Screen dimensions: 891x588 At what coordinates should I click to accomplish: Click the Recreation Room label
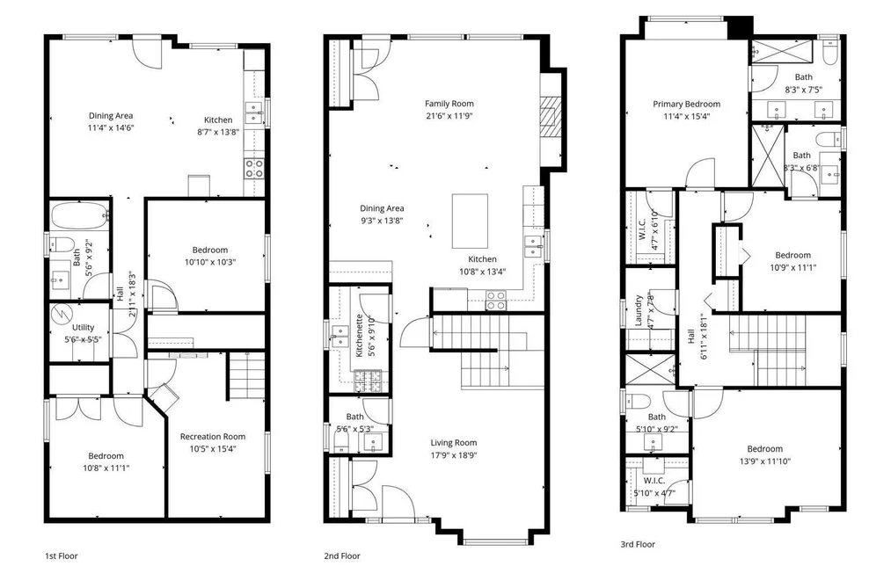pos(213,437)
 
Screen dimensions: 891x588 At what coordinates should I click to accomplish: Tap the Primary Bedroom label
pos(686,104)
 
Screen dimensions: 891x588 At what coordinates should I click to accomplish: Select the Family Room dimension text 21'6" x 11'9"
pos(449,116)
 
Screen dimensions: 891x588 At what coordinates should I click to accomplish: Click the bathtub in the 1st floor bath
pos(79,215)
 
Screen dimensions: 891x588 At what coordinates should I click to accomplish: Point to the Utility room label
pos(83,328)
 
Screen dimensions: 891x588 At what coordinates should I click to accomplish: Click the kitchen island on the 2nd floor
pos(470,221)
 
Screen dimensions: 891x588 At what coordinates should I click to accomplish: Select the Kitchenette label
pos(359,336)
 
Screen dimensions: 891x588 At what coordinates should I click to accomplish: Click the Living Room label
pos(454,443)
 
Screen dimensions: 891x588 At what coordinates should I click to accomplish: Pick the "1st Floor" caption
pos(62,555)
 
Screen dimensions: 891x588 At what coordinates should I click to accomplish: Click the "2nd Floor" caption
pos(342,555)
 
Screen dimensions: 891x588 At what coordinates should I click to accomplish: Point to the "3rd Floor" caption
pos(638,544)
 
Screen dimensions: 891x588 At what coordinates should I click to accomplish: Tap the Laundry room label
pos(639,311)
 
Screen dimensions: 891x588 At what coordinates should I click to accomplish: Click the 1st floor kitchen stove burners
pos(254,168)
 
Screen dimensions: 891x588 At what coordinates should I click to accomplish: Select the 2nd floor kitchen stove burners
pos(495,301)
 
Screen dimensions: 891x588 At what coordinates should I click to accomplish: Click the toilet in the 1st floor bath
pos(63,244)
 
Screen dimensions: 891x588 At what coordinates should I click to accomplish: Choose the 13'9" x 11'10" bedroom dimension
pos(765,461)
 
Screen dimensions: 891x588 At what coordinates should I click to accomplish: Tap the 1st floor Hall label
pos(120,294)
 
